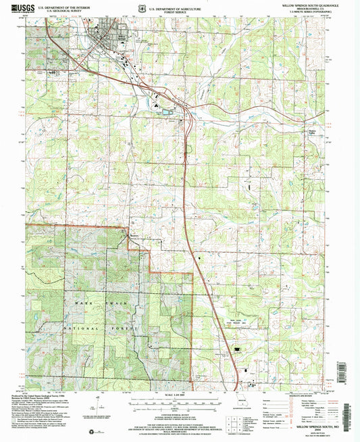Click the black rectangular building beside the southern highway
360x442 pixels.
click(236, 349)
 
